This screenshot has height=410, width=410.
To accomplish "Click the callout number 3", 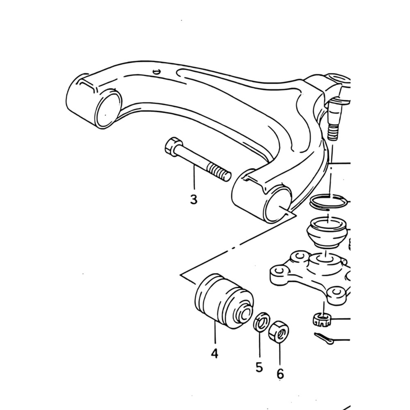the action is click(x=194, y=200).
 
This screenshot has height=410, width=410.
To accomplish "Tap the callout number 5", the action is click(x=259, y=367).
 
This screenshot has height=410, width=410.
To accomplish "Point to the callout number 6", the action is click(x=280, y=374).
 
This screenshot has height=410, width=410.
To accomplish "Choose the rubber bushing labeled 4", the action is click(x=224, y=301).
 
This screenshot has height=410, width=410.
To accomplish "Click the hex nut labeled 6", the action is click(x=279, y=331).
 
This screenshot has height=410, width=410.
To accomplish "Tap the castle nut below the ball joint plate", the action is click(x=322, y=320).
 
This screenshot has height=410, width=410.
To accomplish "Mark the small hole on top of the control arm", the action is click(x=156, y=71).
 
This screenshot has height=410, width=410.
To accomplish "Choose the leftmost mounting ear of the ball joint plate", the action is click(x=279, y=274).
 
